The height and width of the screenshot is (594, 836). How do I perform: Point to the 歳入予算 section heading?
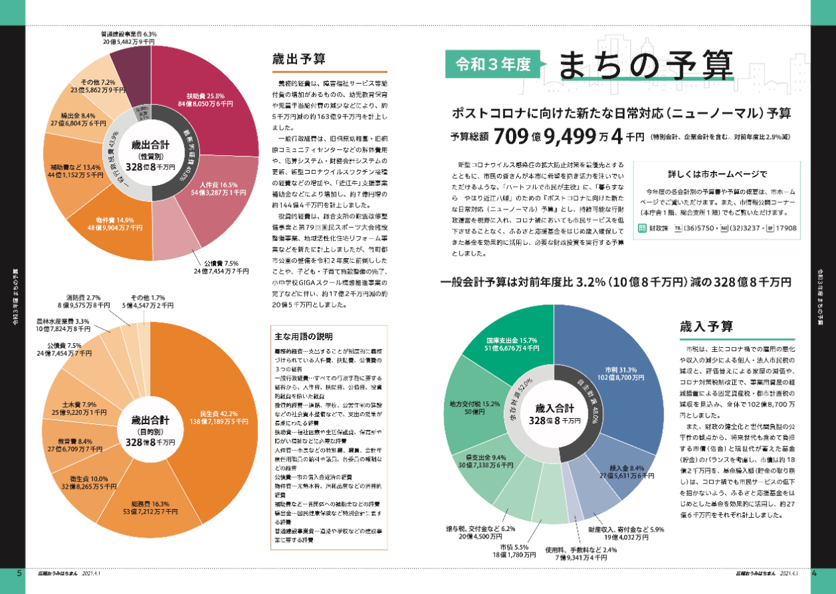pyautogui.click(x=706, y=326)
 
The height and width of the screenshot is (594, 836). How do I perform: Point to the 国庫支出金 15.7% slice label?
pyautogui.click(x=512, y=345)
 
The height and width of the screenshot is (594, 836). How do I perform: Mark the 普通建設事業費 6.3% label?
pyautogui.click(x=129, y=37)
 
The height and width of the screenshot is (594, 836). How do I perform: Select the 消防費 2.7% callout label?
pyautogui.click(x=84, y=301)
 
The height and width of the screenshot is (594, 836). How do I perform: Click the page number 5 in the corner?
pyautogui.click(x=19, y=573)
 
